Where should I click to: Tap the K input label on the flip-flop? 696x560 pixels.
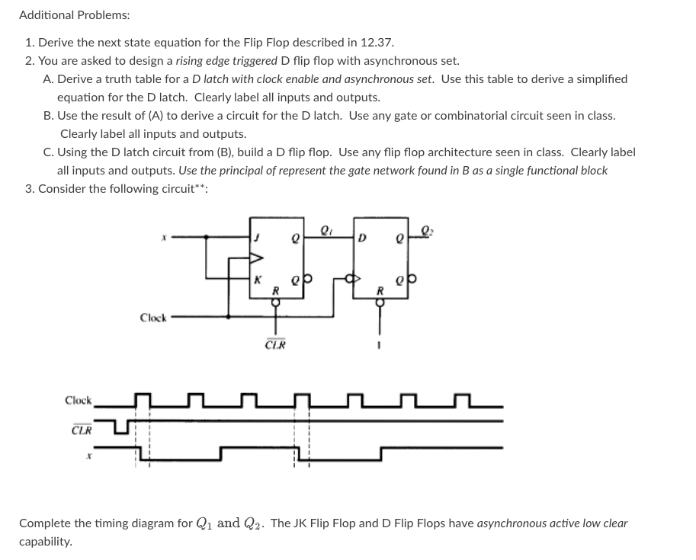[x=258, y=279]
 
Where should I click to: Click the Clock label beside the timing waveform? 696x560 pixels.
[x=78, y=400]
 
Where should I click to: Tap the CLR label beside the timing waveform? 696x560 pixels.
[x=82, y=429]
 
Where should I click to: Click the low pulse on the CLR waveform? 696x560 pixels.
[x=125, y=428]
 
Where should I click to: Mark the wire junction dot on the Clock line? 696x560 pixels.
[x=227, y=315]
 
